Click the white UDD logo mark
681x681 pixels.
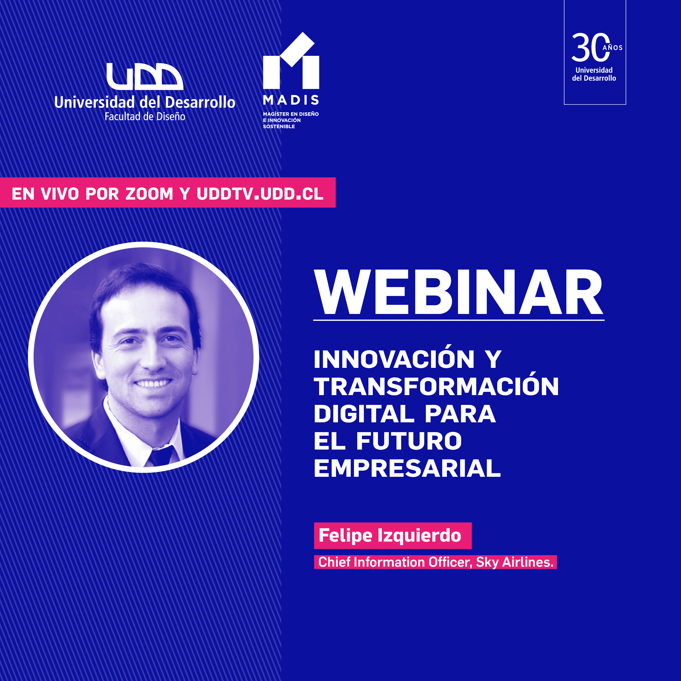pyautogui.click(x=145, y=77)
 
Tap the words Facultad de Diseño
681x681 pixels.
pyautogui.click(x=145, y=117)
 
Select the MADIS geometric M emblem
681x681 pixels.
pyautogui.click(x=291, y=61)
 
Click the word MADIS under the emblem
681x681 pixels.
pyautogui.click(x=291, y=100)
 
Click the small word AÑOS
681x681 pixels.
pyautogui.click(x=613, y=48)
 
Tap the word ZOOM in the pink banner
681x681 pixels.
pyautogui.click(x=149, y=194)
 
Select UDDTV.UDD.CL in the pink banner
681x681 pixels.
pyautogui.click(x=260, y=194)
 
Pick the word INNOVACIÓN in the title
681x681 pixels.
pyautogui.click(x=394, y=359)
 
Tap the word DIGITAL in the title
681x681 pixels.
pyautogui.click(x=364, y=414)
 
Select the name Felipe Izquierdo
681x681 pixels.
pyautogui.click(x=390, y=536)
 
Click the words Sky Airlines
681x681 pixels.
pyautogui.click(x=515, y=562)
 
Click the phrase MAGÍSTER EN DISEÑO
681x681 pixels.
pyautogui.click(x=291, y=114)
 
